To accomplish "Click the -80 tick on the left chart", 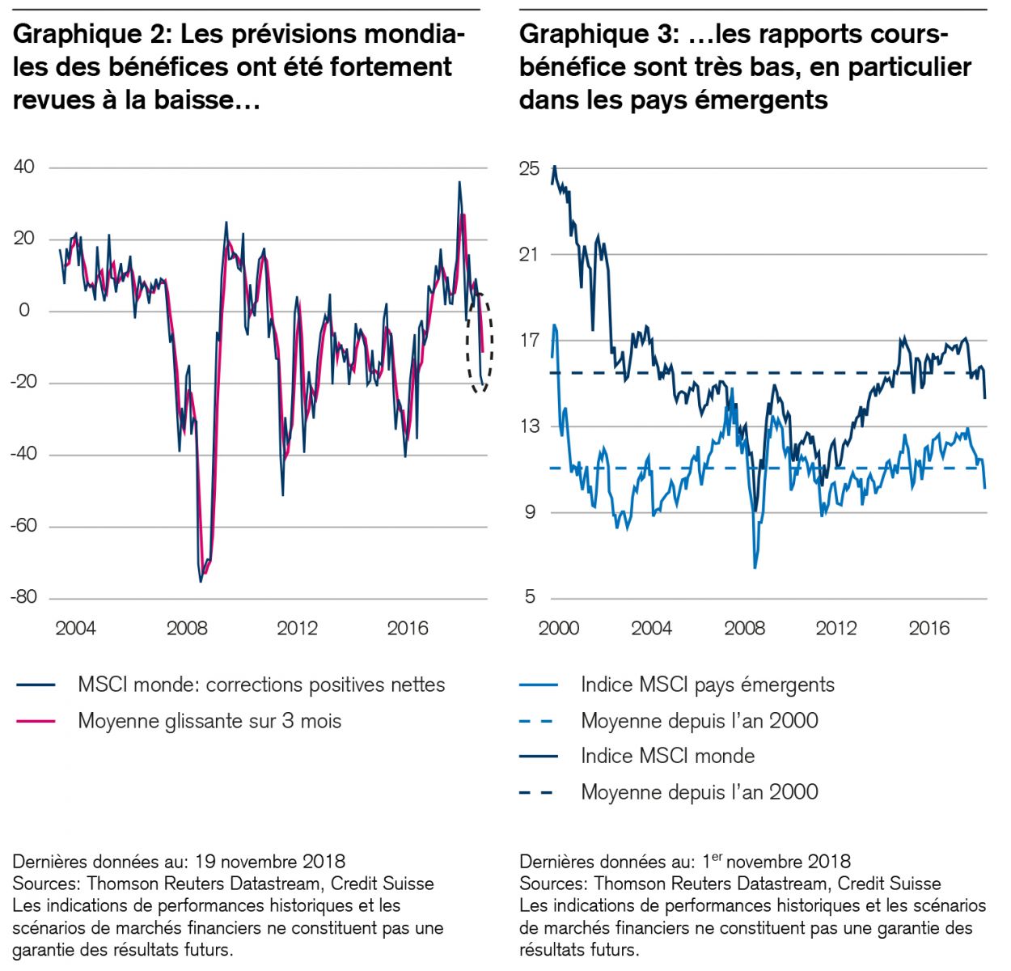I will click(23, 597).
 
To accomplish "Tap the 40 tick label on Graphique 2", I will click(24, 167).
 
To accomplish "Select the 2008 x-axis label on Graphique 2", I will click(187, 628).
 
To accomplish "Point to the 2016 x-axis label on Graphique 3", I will click(929, 628).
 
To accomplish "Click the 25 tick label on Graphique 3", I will click(530, 168).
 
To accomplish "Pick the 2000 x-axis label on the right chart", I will click(558, 628).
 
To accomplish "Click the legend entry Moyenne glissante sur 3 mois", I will click(209, 721).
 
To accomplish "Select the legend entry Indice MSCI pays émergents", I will click(707, 685).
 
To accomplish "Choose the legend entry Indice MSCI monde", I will click(667, 757).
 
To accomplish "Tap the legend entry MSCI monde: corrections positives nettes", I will click(261, 685).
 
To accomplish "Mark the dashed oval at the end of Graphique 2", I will click(480, 342).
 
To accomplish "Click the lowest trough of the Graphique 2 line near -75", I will click(201, 581).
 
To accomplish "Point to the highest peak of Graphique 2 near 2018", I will click(459, 183).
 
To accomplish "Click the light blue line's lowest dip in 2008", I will click(755, 568).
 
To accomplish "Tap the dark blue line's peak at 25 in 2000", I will click(554, 167).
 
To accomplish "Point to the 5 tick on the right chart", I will click(530, 597).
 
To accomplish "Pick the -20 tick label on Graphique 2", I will click(23, 382).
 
